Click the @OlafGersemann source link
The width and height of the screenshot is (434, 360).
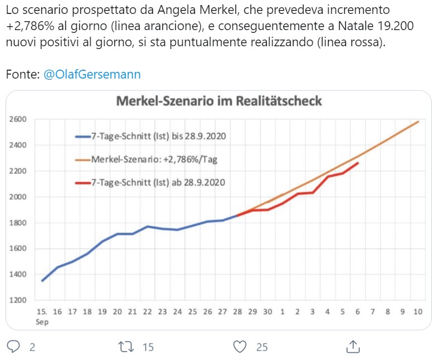tap(91, 75)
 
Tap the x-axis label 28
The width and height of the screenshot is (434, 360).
tap(238, 313)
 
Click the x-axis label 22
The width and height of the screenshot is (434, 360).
tap(147, 313)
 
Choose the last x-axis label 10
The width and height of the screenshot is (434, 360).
tap(417, 313)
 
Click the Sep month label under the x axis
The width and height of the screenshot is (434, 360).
tap(42, 322)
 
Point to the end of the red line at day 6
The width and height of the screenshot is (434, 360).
tap(358, 163)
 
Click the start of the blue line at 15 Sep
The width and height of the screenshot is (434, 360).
tap(42, 280)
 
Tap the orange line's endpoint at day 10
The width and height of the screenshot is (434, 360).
tap(418, 121)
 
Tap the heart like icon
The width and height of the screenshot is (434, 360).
tap(240, 347)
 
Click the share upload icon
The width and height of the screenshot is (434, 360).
tap(353, 346)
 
